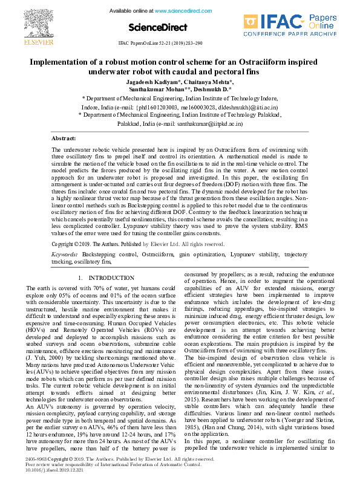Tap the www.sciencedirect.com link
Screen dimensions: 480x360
pyautogui.click(x=180, y=11)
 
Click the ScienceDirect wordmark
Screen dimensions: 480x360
pyautogui.click(x=154, y=27)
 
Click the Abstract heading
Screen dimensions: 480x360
pyautogui.click(x=64, y=138)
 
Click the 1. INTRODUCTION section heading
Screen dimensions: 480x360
pyautogui.click(x=106, y=277)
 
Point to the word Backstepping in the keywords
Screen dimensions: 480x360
pyautogui.click(x=100, y=255)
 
